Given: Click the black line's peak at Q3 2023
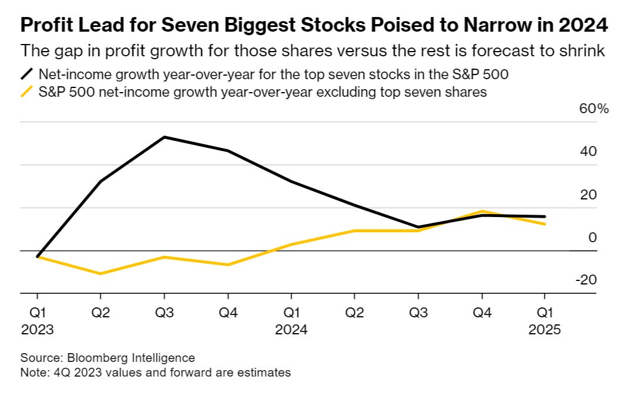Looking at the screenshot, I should click(x=164, y=137).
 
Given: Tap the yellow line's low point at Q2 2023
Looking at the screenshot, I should click(x=101, y=273).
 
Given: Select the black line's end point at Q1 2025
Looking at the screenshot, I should click(x=544, y=216).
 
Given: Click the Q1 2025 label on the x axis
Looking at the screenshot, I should click(x=544, y=320).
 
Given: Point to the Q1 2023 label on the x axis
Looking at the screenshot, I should click(x=37, y=320).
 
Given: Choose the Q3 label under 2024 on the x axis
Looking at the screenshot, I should click(x=418, y=313).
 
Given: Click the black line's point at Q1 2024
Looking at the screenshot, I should click(x=291, y=181).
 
